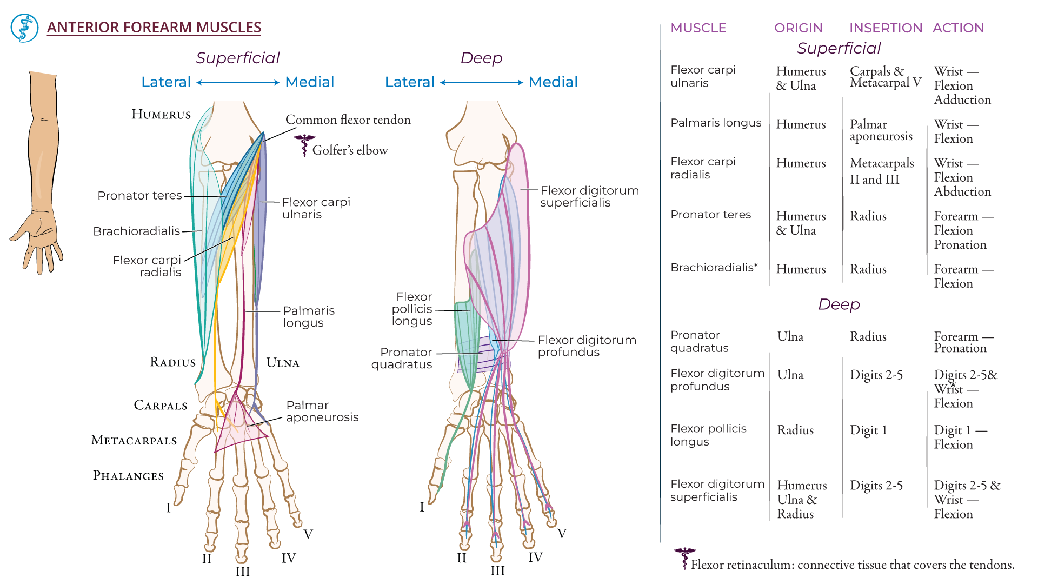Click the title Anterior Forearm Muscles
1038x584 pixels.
tap(154, 27)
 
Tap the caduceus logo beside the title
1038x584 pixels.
tap(24, 28)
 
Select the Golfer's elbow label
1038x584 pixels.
tap(350, 150)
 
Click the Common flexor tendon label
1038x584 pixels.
tap(348, 120)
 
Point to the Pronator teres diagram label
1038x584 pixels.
tap(139, 196)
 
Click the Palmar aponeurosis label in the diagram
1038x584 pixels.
tap(322, 411)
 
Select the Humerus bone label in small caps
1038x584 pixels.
tap(161, 115)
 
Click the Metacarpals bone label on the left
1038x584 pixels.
tap(134, 440)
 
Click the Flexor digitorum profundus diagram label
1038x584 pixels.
tap(587, 346)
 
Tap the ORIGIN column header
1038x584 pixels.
tap(798, 28)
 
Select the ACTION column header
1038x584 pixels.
tap(958, 28)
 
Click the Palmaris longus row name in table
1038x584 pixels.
tap(715, 123)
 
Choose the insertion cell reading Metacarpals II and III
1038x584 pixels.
tap(881, 171)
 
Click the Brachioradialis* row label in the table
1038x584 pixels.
tap(714, 268)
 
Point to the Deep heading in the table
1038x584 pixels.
tap(839, 304)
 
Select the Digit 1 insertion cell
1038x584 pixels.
tap(868, 430)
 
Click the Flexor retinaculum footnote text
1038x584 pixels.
tap(852, 565)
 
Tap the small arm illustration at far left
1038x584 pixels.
tap(41, 173)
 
